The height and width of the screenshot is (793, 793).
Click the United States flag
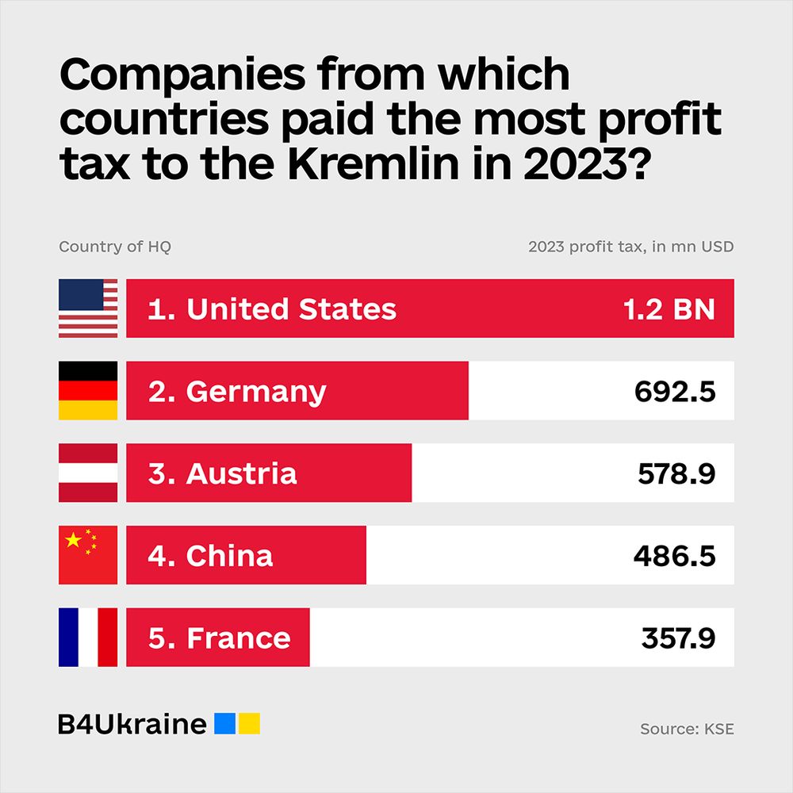(88, 308)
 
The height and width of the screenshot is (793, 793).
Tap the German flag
(88, 391)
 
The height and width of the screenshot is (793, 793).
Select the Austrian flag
(88, 473)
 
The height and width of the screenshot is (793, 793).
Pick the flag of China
(88, 555)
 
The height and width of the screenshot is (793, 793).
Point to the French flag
(88, 638)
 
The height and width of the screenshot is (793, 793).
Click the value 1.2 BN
(668, 308)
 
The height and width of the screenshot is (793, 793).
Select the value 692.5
(675, 391)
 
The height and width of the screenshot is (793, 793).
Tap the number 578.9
(676, 473)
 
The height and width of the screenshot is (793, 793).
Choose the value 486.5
(674, 555)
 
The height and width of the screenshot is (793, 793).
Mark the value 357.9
(678, 638)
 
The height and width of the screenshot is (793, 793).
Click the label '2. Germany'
(236, 392)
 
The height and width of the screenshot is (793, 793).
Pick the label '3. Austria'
(222, 473)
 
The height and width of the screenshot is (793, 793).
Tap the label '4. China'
(210, 555)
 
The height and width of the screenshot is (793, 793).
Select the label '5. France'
(219, 638)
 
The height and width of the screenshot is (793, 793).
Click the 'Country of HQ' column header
(115, 247)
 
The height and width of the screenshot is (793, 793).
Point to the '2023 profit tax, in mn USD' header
(630, 247)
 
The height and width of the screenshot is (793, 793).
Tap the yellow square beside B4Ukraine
(250, 723)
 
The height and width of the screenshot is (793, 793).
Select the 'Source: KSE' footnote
(687, 729)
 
